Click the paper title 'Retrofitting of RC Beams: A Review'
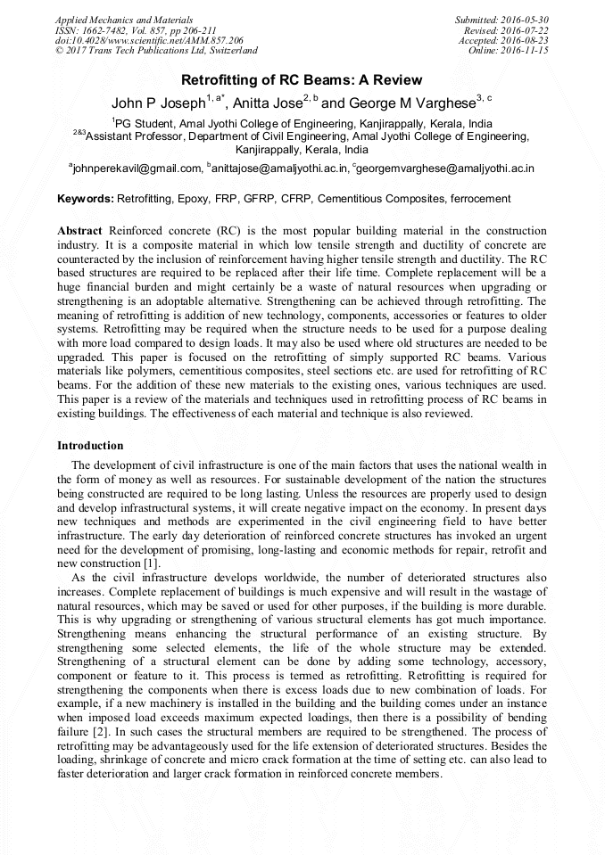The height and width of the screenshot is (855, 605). click(x=302, y=80)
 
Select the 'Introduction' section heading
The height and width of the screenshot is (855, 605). click(x=90, y=445)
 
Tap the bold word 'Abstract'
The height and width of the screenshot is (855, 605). click(x=79, y=231)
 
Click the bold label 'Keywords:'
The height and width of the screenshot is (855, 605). click(x=86, y=199)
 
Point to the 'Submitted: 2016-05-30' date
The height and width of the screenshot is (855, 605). click(x=502, y=19)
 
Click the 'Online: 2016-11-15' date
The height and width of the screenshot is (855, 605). click(x=509, y=51)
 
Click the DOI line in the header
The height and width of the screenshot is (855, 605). click(x=149, y=40)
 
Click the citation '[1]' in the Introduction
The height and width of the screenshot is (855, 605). click(x=151, y=564)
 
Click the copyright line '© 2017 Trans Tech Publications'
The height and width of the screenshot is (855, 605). click(x=156, y=51)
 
